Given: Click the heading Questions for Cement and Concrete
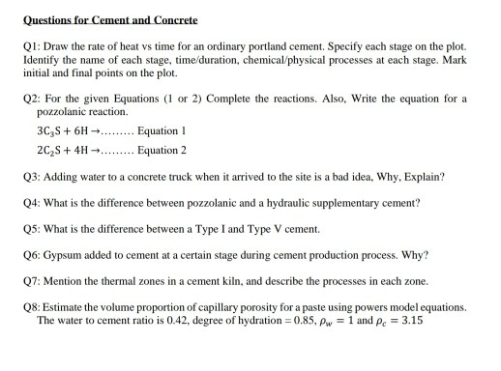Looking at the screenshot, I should pyautogui.click(x=108, y=19).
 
